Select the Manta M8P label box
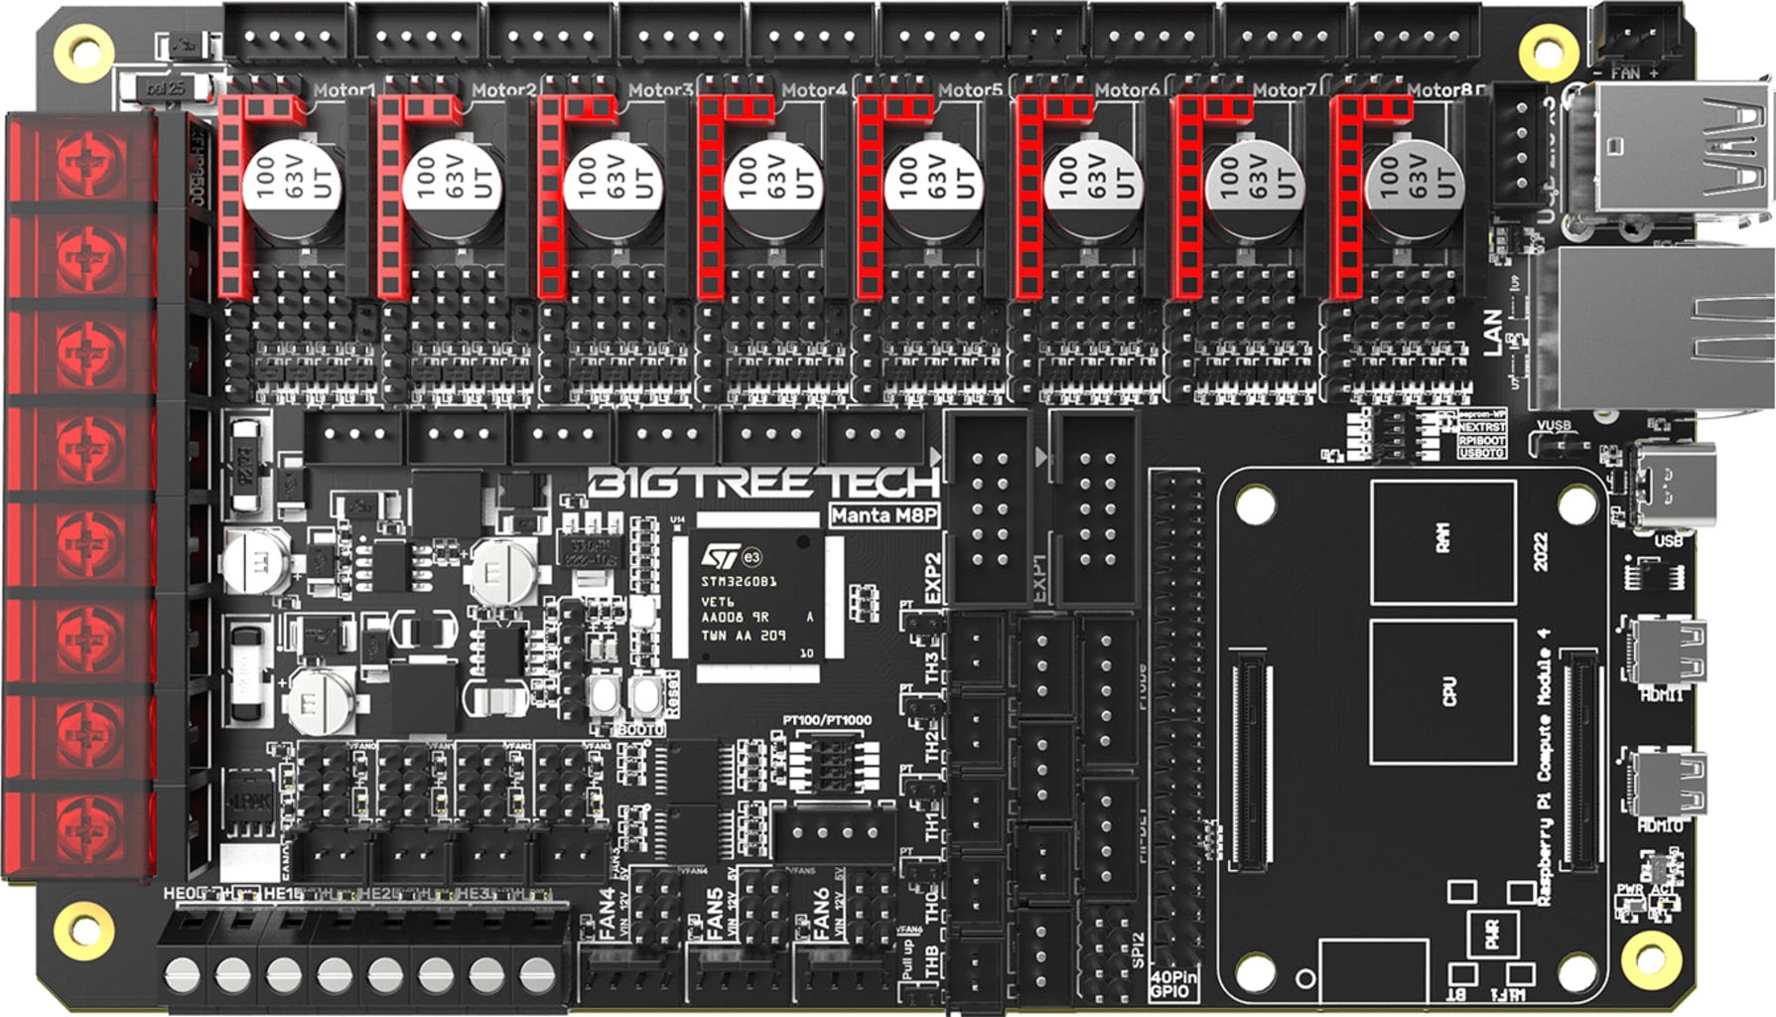pyautogui.click(x=885, y=515)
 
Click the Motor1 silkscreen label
pyautogui.click(x=343, y=90)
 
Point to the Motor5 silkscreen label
pyautogui.click(x=969, y=90)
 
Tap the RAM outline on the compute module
pyautogui.click(x=1442, y=541)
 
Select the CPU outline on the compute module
pyautogui.click(x=1442, y=691)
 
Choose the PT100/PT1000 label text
pyautogui.click(x=826, y=720)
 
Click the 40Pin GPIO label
pyautogui.click(x=1173, y=984)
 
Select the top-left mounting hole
pyautogui.click(x=82, y=47)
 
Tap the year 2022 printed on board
pyautogui.click(x=1541, y=551)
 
